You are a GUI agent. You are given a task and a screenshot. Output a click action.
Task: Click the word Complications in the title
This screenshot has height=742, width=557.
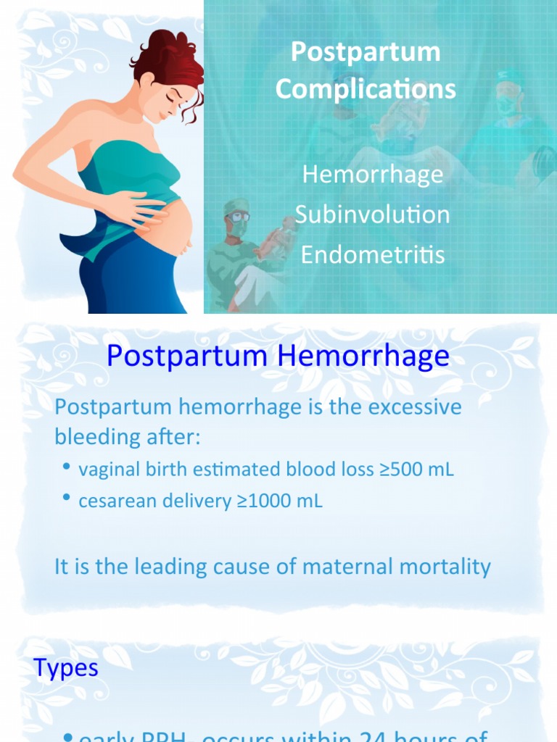366,89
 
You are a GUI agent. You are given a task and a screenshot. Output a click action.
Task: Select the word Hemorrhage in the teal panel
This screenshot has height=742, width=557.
372,175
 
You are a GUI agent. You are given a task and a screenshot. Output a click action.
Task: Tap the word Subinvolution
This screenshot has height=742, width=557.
372,214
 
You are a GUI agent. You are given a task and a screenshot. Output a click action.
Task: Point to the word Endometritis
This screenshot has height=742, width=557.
372,254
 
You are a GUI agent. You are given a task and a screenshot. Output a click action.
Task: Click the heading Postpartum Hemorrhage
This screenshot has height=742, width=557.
278,356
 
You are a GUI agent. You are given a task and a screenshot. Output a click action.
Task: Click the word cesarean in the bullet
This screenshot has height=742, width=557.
111,501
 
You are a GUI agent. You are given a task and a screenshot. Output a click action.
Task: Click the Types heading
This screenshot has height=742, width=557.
66,667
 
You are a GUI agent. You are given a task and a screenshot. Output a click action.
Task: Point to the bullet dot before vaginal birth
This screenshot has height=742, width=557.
67,468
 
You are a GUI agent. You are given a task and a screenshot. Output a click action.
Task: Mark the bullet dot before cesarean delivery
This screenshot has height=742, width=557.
67,499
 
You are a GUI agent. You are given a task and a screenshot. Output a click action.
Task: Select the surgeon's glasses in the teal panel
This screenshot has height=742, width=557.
238,216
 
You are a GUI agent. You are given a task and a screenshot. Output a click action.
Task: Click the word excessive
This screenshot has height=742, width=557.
415,407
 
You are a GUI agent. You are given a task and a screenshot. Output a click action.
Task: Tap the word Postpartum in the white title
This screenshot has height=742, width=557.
366,51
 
